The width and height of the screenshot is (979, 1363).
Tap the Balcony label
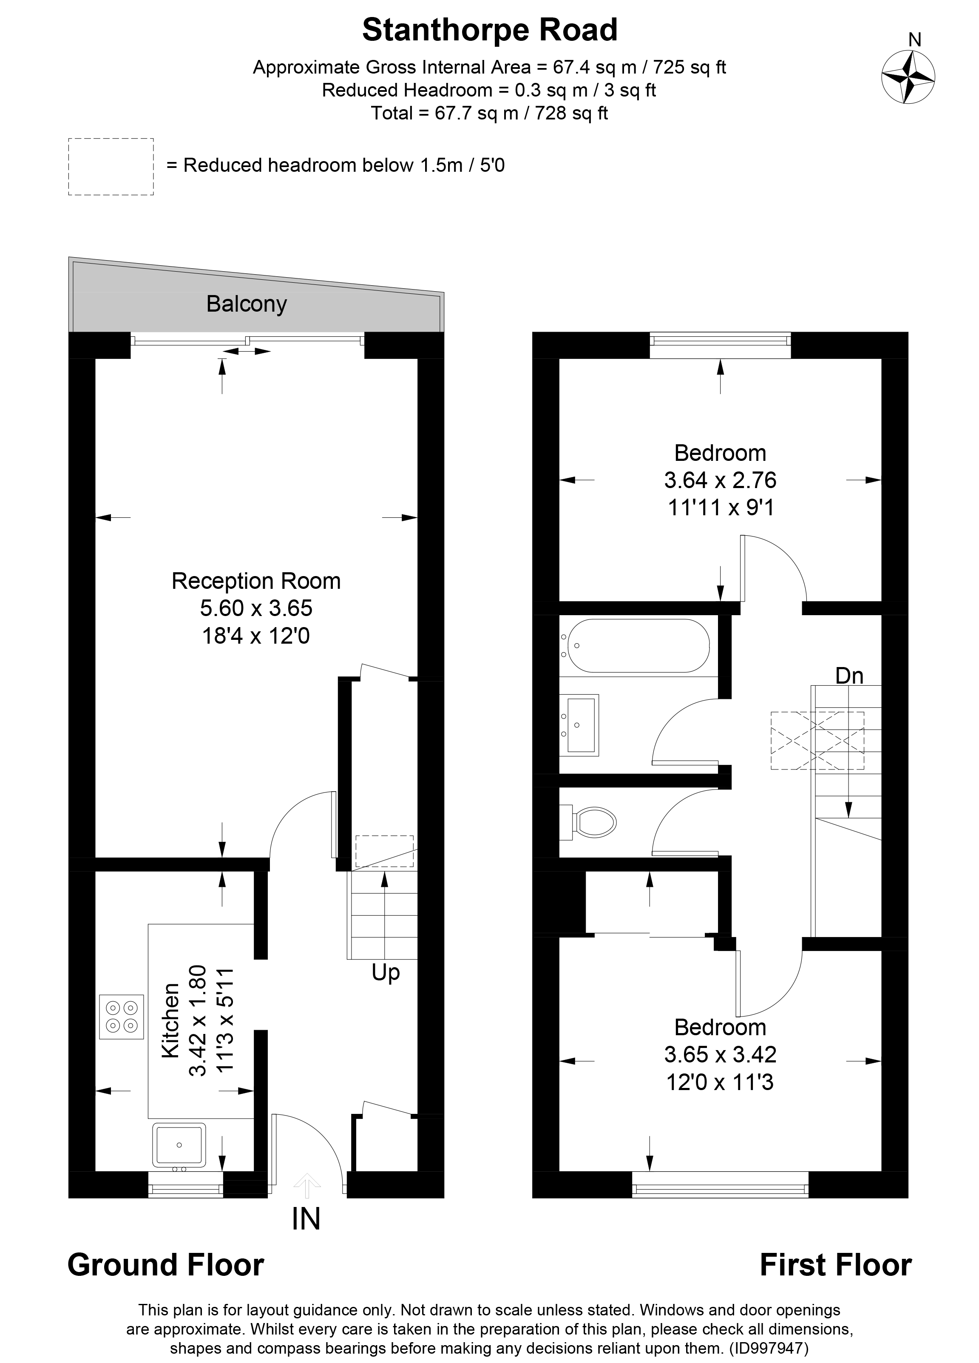pyautogui.click(x=247, y=304)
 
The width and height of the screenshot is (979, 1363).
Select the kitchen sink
pyautogui.click(x=179, y=1144)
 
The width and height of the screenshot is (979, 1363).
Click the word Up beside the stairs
pyautogui.click(x=385, y=972)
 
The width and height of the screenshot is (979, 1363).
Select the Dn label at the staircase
pyautogui.click(x=849, y=676)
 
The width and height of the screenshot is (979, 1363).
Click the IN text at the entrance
pyautogui.click(x=306, y=1219)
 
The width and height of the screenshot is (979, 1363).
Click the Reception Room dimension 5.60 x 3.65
pyautogui.click(x=256, y=608)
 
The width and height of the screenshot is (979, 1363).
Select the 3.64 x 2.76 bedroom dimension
pyautogui.click(x=720, y=480)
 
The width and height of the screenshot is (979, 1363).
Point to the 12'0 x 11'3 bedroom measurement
pyautogui.click(x=720, y=1082)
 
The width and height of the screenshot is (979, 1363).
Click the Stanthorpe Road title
pyautogui.click(x=490, y=30)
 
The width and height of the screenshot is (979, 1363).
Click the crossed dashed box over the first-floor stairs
pyautogui.click(x=817, y=741)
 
